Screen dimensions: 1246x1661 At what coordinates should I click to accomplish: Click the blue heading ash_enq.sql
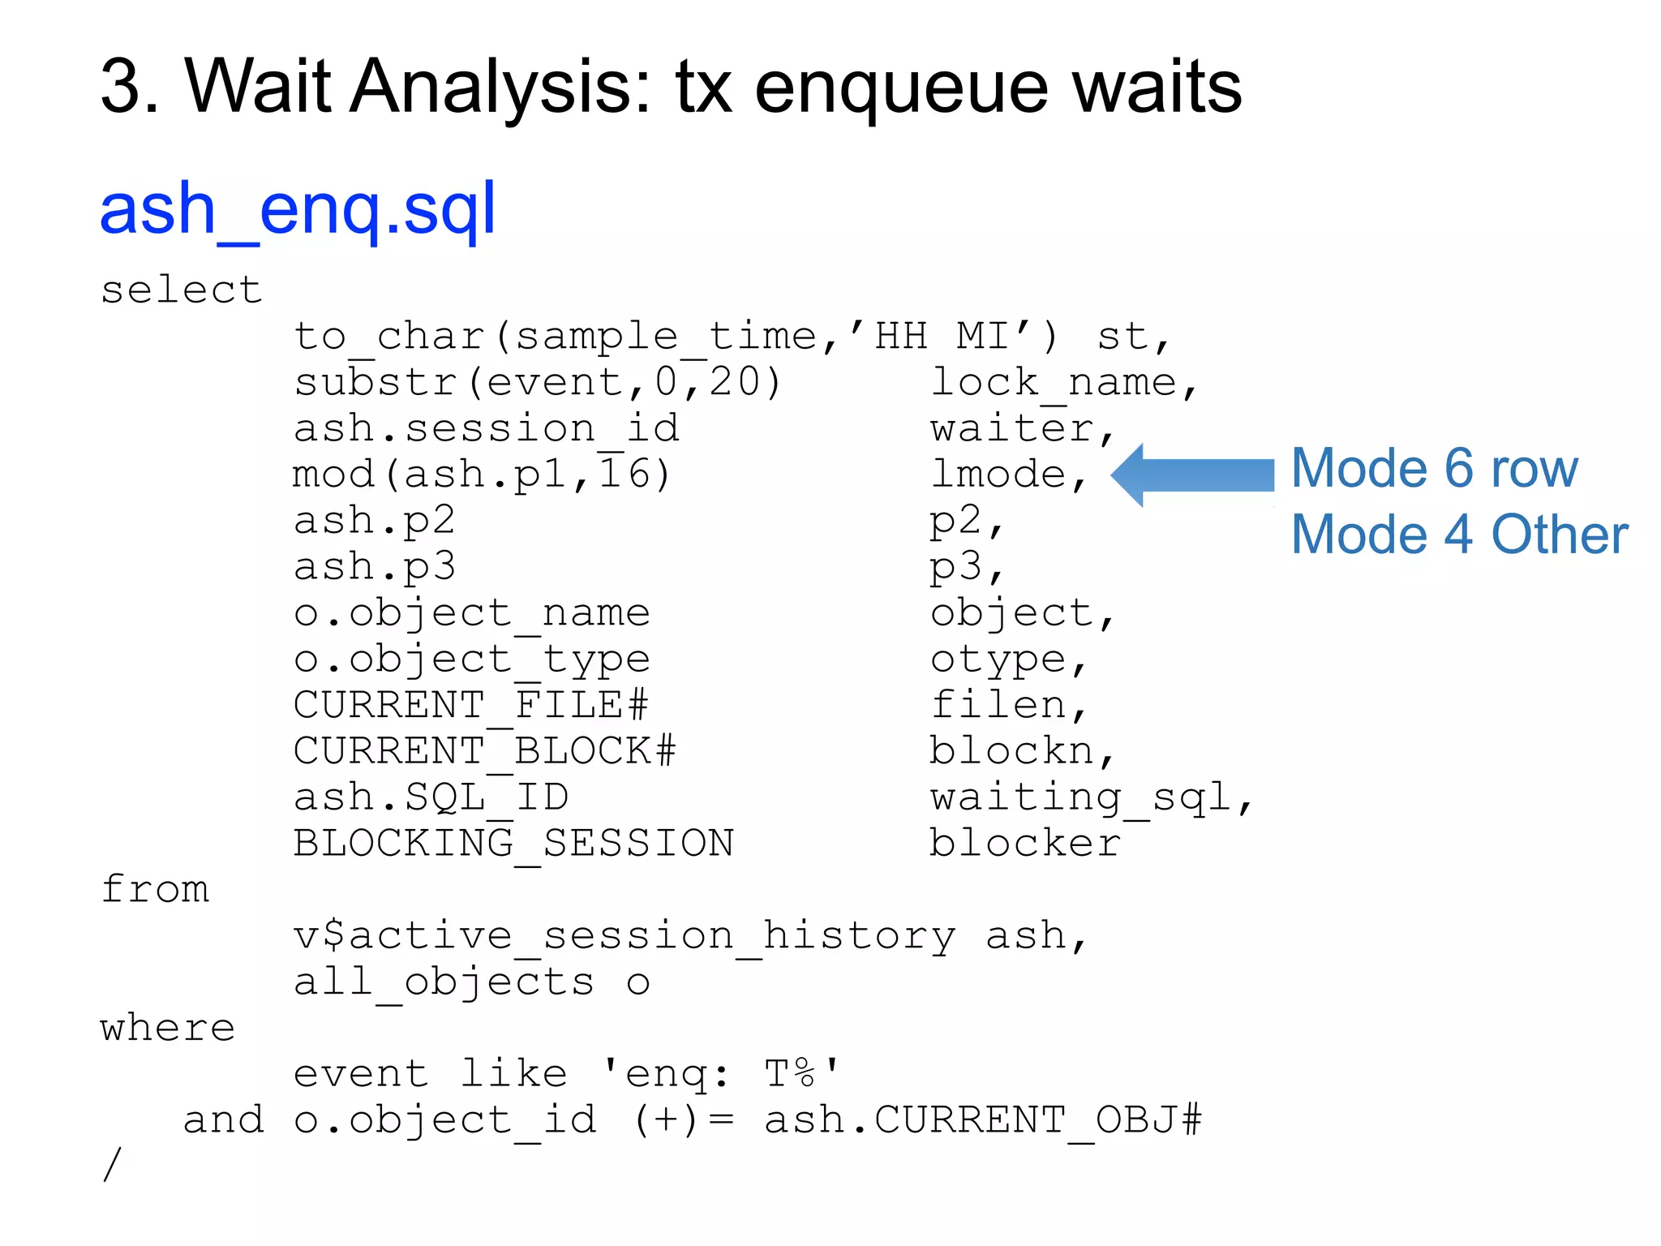coord(297,209)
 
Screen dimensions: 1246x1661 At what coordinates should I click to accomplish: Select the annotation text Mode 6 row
coord(1433,468)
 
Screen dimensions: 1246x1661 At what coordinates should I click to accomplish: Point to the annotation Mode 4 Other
coord(1459,535)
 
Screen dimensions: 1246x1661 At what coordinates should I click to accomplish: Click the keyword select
coord(181,290)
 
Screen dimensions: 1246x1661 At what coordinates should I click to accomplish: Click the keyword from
coord(155,889)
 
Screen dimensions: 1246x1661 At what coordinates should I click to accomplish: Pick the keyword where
coord(168,1028)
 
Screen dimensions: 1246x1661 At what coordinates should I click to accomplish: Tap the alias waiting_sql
coord(1090,797)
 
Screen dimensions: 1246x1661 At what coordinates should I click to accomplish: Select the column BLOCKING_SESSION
coord(513,844)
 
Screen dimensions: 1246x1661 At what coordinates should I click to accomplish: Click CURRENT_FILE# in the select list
coord(470,705)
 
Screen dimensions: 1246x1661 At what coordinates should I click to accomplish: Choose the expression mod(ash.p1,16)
coord(482,475)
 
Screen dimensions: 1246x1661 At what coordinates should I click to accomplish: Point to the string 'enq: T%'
coord(721,1074)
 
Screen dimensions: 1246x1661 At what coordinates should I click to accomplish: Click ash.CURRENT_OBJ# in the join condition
coord(982,1120)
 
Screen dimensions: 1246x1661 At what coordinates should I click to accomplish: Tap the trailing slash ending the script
coord(112,1165)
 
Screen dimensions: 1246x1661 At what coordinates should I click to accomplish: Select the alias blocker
coord(1024,844)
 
